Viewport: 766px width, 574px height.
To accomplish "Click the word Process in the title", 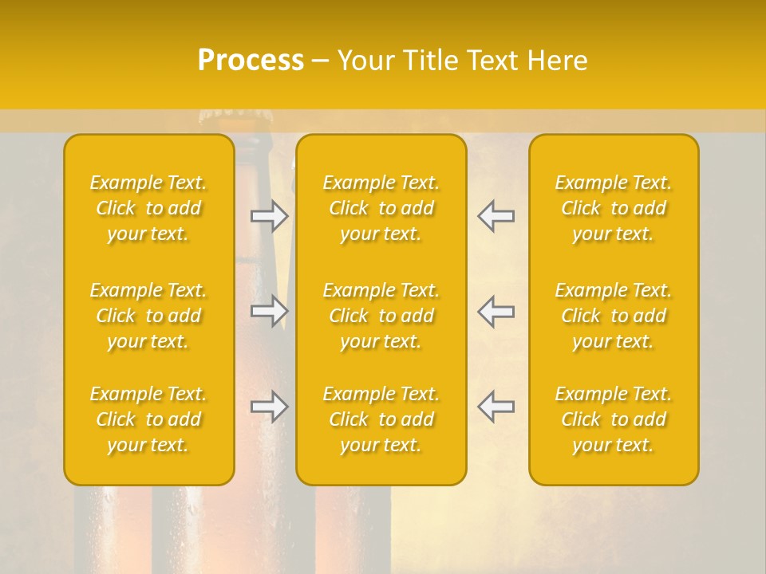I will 251,61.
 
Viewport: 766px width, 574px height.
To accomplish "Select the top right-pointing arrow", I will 270,216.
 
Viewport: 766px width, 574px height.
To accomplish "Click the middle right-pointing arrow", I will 270,311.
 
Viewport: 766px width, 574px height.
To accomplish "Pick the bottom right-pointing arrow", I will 270,407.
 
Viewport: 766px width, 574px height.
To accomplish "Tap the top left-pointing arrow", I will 496,216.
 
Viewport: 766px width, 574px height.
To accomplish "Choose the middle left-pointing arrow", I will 496,311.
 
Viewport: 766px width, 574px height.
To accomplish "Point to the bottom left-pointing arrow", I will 496,407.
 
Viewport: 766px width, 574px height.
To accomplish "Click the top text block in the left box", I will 148,208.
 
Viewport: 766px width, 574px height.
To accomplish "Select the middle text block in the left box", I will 148,316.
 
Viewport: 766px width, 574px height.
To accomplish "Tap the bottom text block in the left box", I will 148,419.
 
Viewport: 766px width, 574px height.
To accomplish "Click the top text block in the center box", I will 381,208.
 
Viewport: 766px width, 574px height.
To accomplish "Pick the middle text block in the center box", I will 381,316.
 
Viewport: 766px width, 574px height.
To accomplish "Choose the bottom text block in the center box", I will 381,419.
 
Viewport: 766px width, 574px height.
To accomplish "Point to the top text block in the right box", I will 614,208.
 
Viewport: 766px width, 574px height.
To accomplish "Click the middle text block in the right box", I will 614,316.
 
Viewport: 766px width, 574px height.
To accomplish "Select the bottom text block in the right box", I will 614,419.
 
